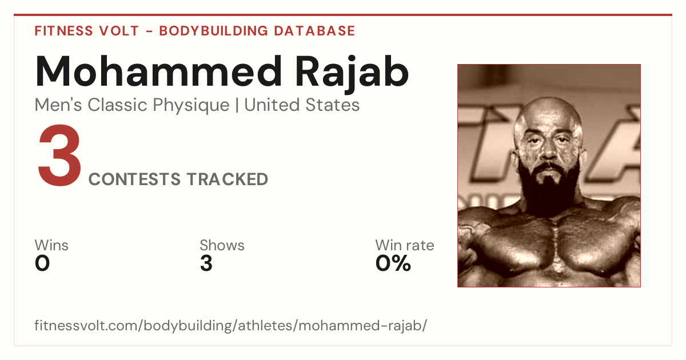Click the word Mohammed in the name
(x=158, y=71)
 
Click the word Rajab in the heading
(x=352, y=74)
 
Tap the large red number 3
(x=59, y=155)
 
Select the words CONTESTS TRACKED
(x=178, y=179)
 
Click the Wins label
(x=51, y=245)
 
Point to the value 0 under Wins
(x=42, y=263)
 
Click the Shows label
(x=222, y=245)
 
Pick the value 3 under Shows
(x=206, y=263)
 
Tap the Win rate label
(x=405, y=245)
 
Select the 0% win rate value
(x=393, y=263)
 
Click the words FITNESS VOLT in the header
(x=87, y=31)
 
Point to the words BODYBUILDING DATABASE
(x=257, y=31)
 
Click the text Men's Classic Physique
(x=132, y=105)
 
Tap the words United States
(x=302, y=105)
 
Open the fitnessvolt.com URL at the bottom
(x=230, y=325)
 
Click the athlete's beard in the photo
(x=550, y=190)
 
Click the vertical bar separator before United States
(x=237, y=105)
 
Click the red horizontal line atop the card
(x=343, y=15)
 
